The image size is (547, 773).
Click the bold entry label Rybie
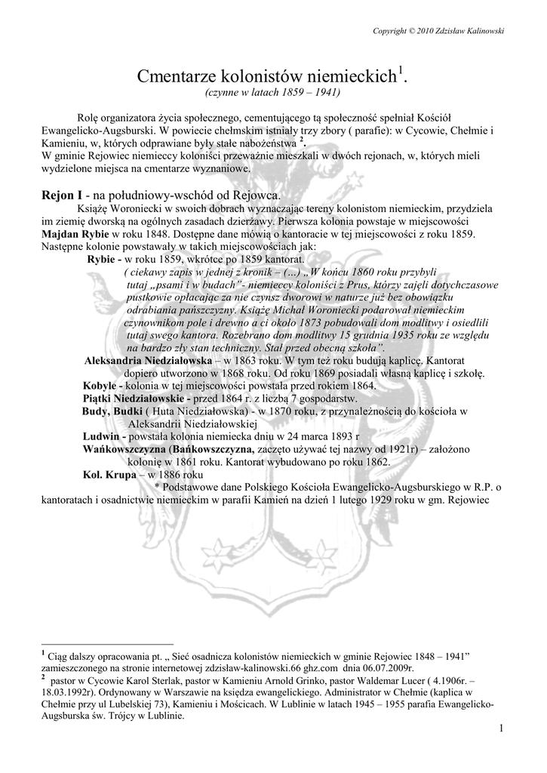coord(103,258)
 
